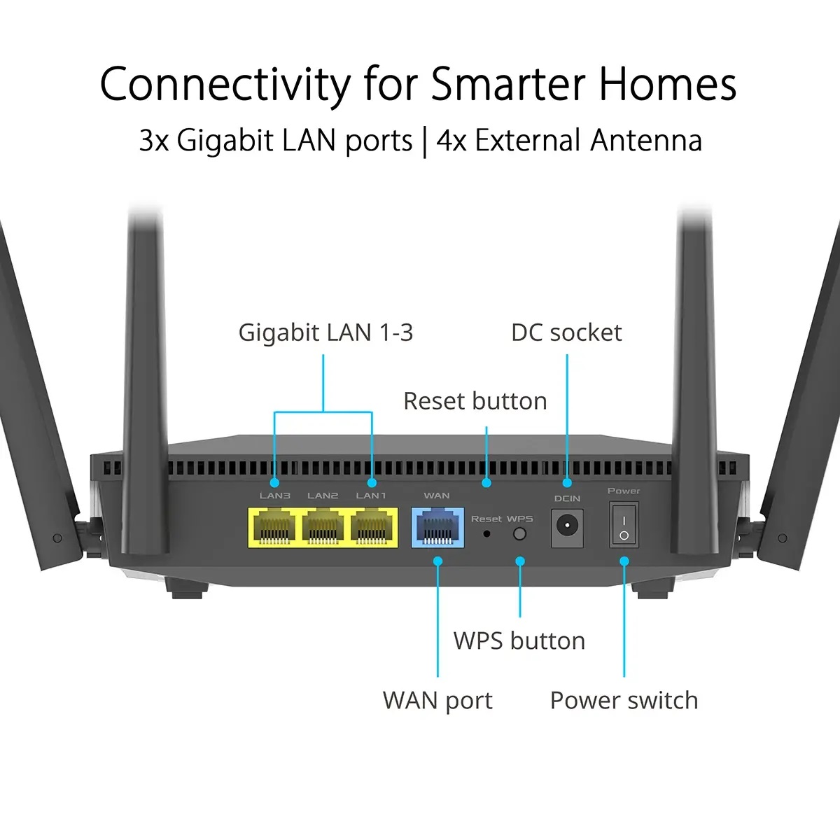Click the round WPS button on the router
519,534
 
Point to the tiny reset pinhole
487,534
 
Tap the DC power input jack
567,526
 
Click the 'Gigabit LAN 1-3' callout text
325,332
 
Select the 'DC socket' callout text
566,332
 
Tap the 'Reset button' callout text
475,401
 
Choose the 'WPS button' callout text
519,640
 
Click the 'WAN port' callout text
437,700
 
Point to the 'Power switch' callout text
624,700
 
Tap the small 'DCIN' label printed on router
567,498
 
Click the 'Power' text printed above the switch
624,491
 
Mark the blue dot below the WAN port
438,561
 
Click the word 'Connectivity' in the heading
225,84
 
